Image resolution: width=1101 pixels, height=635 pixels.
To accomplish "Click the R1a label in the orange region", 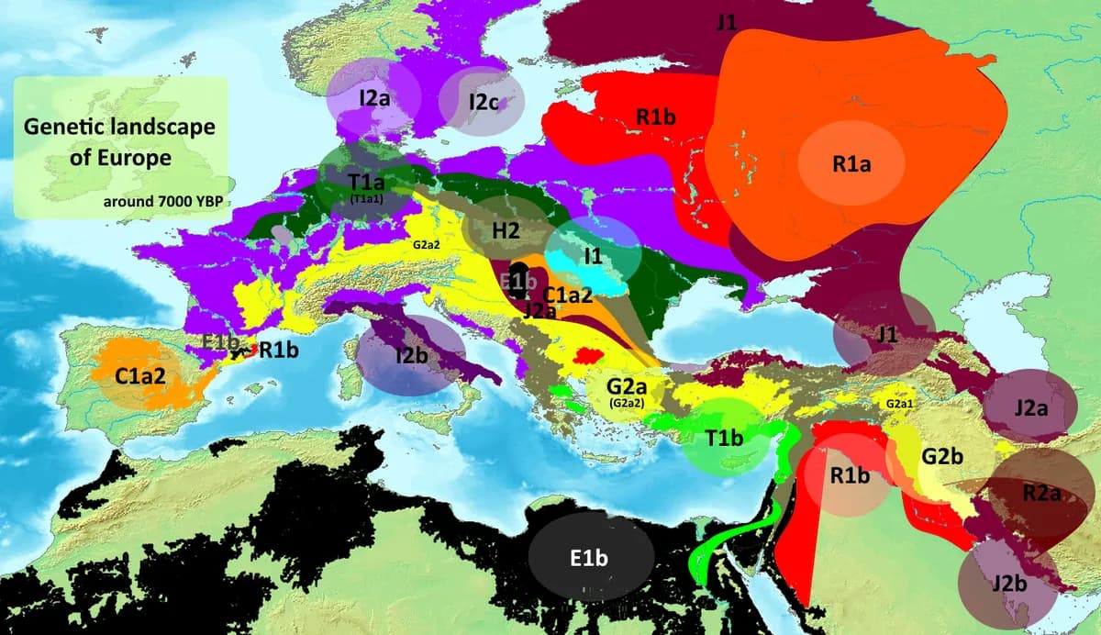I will click(x=851, y=164).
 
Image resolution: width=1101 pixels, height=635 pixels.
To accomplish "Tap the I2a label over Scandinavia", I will click(x=373, y=97).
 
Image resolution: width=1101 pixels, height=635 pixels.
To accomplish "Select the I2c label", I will click(x=482, y=102).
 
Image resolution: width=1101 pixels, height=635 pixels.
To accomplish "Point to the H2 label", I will click(x=506, y=230).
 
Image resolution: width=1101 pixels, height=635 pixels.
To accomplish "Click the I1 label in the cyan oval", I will click(x=593, y=256).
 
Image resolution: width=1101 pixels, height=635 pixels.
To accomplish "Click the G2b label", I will click(x=941, y=455).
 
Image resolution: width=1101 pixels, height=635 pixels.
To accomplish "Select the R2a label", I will click(x=1041, y=493).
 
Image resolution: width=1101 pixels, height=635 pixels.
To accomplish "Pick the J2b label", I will click(x=1009, y=582).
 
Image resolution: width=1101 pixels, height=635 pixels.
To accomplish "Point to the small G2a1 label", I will click(x=899, y=404).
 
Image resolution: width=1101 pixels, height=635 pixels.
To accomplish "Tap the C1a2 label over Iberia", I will click(x=140, y=375).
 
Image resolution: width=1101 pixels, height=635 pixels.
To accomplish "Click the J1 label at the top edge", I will click(x=726, y=23).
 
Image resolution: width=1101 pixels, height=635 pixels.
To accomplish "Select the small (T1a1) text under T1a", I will click(x=366, y=197).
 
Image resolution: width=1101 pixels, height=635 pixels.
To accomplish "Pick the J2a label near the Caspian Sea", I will click(x=1031, y=407).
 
